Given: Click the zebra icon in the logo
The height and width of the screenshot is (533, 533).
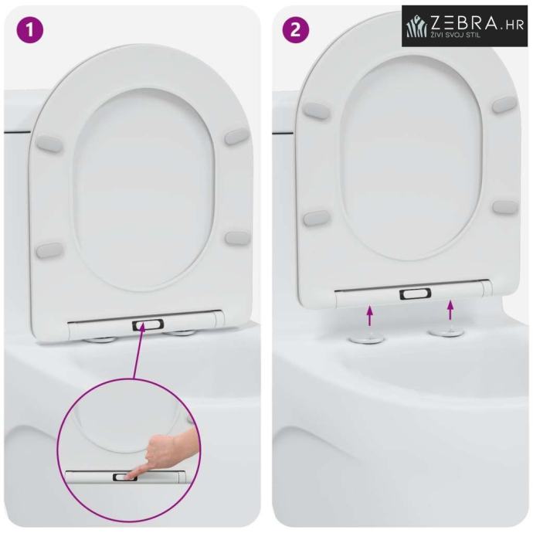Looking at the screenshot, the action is pos(418,26).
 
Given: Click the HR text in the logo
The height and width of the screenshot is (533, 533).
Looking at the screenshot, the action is pos(513,25).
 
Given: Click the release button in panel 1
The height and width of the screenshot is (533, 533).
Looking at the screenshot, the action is pos(148,325).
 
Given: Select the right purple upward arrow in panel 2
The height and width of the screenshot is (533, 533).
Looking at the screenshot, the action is pos(451,310).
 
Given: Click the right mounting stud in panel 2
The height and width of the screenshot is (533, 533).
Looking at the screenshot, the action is pos(442,331).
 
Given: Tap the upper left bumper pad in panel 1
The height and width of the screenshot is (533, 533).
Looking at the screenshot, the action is pos(49,144).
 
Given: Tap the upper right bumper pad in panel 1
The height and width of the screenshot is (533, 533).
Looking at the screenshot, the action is pos(238,136).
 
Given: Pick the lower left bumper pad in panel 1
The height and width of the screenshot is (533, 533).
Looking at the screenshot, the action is pos(49,251).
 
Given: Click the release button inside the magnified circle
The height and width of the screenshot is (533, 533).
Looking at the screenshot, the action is pos(124,477).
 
